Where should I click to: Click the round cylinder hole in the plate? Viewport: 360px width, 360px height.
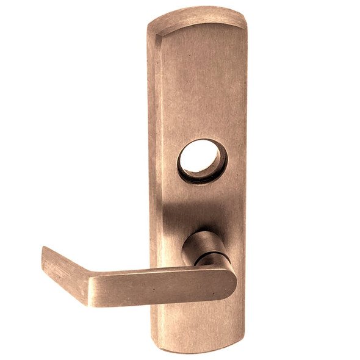(201, 159)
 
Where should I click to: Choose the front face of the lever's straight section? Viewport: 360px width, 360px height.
(159, 289)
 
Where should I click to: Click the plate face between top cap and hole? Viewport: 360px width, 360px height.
(198, 85)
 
